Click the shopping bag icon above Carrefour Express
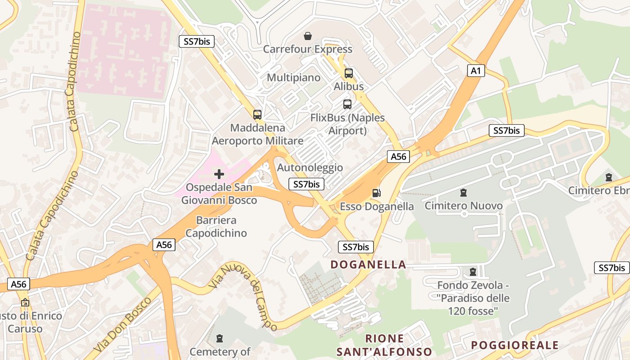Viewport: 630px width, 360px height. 308,36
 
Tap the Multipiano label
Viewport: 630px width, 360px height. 293,78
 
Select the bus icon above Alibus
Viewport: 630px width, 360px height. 349,73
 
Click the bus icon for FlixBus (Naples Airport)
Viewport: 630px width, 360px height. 347,104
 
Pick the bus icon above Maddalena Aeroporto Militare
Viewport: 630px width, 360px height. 257,114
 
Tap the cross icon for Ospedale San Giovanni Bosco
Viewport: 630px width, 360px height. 219,174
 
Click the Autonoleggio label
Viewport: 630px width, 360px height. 310,168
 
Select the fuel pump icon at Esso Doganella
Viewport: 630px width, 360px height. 376,193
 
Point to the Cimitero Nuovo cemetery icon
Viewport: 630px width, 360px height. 463,193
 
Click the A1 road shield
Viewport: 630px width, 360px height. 476,71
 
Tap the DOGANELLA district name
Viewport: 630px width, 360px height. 369,265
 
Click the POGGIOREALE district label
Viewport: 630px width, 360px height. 515,345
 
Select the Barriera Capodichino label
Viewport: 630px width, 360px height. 216,227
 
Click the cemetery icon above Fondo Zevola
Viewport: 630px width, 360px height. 472,272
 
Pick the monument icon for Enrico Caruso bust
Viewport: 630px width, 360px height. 25,302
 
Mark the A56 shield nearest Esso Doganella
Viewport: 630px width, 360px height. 398,157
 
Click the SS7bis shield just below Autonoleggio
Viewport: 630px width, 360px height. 306,184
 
